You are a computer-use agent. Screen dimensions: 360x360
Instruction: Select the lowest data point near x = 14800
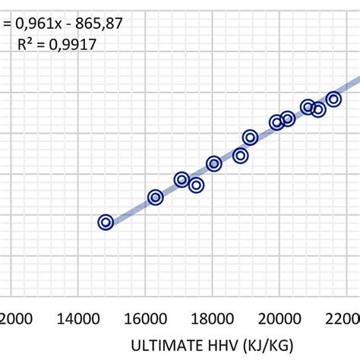pos(106,222)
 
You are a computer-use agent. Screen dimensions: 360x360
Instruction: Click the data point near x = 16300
pos(155,197)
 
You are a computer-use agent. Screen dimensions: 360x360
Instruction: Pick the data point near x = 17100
pos(182,179)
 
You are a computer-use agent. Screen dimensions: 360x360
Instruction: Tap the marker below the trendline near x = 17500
pos(196,185)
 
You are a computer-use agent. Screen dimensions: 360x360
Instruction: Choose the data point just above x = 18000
pos(214,164)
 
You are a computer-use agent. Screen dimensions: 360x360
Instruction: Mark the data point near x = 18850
pos(241,156)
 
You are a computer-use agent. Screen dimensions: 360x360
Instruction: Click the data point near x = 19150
pos(250,137)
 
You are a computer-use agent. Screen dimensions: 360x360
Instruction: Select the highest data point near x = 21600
pos(333,99)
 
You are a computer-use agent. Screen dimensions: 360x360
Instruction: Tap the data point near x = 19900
pos(276,122)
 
